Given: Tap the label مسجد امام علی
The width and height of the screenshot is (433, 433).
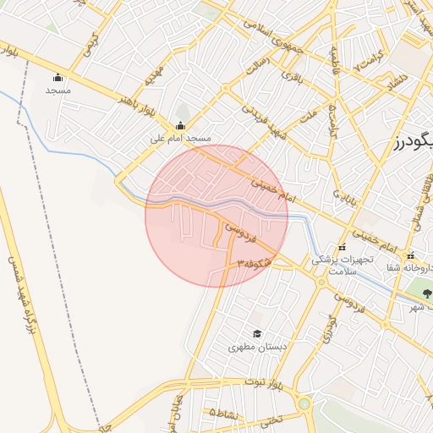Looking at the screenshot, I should (180, 138).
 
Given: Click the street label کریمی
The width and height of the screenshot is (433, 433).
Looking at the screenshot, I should (94, 37).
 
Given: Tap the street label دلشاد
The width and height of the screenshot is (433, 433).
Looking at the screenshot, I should (396, 85).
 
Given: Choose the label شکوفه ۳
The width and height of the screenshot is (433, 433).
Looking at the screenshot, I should (255, 264).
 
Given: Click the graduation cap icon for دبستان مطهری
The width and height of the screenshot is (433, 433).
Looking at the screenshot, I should (257, 334).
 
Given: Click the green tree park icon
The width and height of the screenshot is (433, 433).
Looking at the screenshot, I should (426, 293).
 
